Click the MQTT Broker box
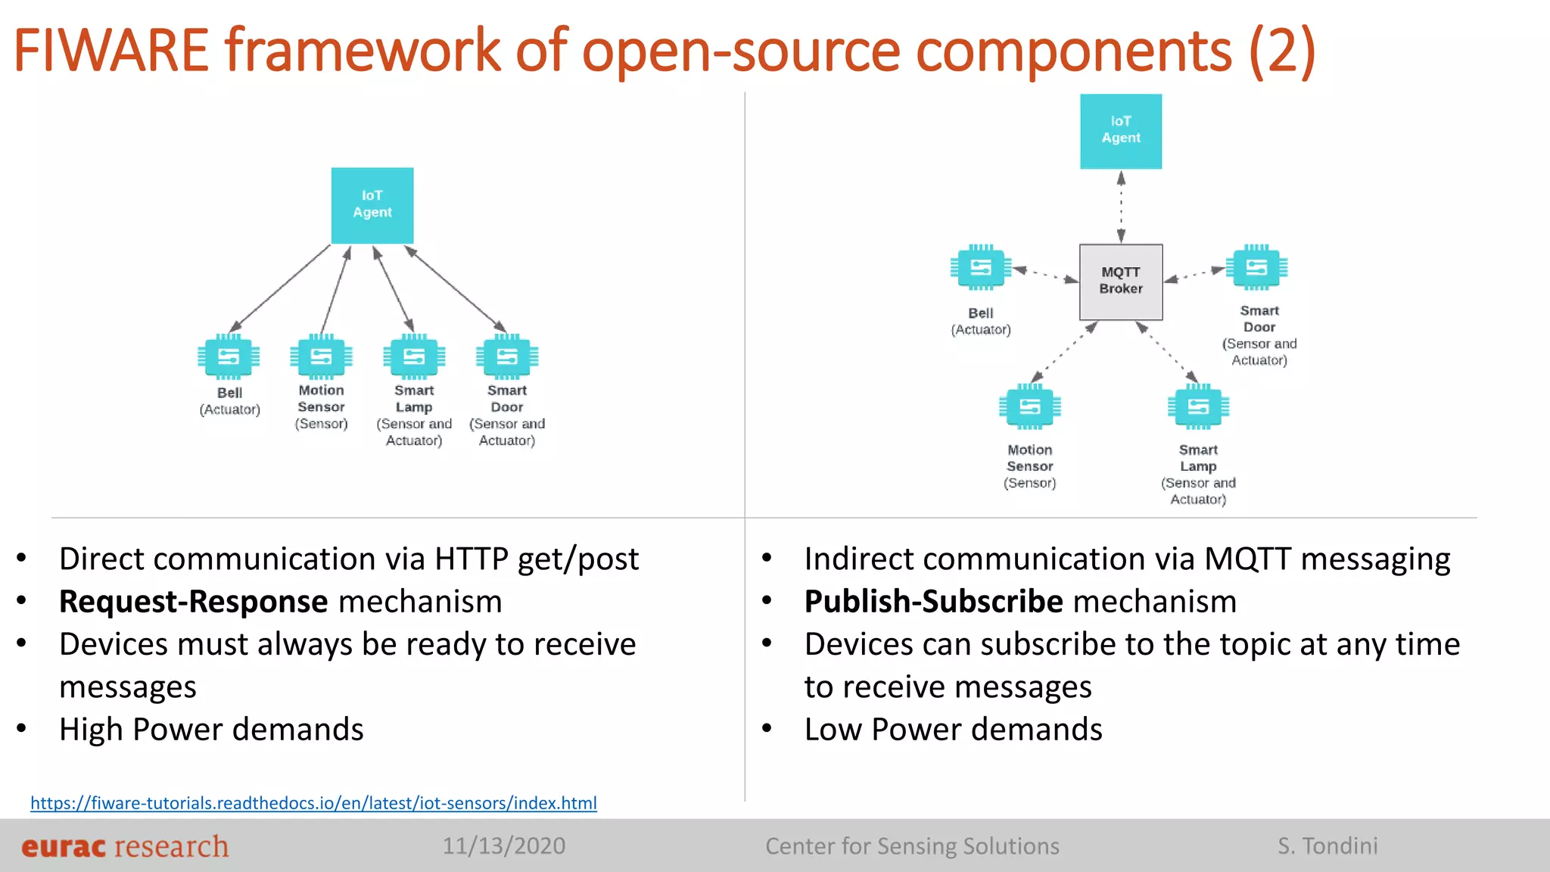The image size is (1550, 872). (1120, 282)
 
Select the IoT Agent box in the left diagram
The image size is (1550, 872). (372, 205)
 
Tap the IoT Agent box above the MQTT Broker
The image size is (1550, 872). (1120, 131)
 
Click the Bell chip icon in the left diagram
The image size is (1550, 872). (229, 357)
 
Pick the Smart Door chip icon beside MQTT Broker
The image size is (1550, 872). (1256, 267)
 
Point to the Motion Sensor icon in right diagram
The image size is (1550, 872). (1029, 407)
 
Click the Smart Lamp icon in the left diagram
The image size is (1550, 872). (414, 357)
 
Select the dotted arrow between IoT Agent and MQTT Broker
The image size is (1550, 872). (1121, 207)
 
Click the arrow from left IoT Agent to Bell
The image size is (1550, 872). (280, 288)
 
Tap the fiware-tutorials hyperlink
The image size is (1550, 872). (313, 803)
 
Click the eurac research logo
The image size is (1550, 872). (125, 846)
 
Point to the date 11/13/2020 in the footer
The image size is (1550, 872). (503, 846)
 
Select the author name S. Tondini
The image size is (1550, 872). (1327, 846)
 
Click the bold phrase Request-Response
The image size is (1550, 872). (194, 602)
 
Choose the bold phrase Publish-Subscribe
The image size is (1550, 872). (934, 602)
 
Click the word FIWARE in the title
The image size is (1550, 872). (111, 51)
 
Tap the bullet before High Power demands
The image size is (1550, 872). (22, 729)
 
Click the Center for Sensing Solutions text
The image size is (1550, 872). (912, 846)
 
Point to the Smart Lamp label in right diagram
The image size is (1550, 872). (1198, 458)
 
